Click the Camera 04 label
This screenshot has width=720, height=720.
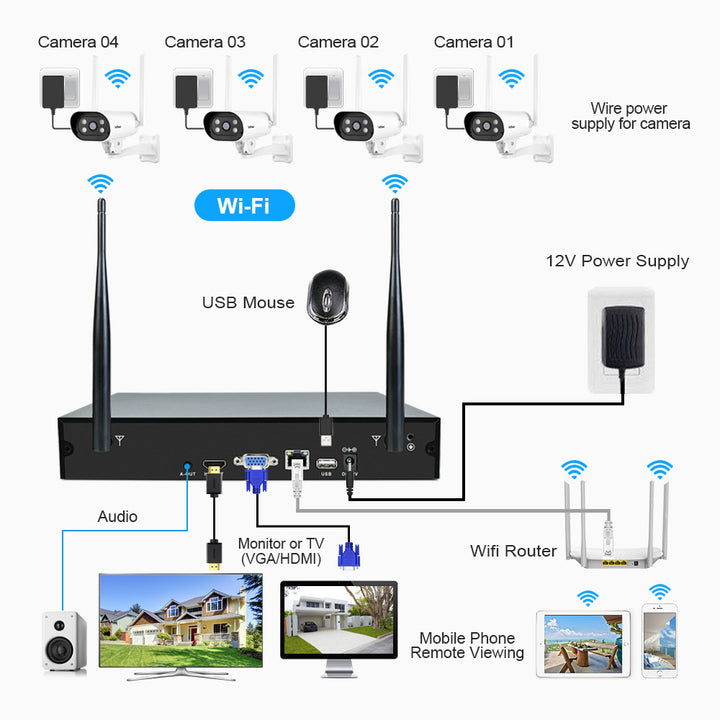[x=78, y=42]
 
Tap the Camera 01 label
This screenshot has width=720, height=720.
[x=474, y=42]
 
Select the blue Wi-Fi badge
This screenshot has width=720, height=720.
[x=244, y=206]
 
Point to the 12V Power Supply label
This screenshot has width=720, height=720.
[x=617, y=261]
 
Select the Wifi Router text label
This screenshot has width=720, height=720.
[x=513, y=551]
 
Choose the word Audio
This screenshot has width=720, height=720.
[x=117, y=517]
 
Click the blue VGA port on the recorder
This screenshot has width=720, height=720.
[x=255, y=463]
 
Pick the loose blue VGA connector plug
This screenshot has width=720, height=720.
[x=348, y=556]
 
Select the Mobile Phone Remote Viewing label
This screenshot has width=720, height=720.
[x=467, y=645]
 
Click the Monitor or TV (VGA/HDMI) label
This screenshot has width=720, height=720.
[x=280, y=551]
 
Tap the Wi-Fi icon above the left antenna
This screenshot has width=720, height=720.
[x=100, y=183]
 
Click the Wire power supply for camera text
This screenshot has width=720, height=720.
[x=630, y=116]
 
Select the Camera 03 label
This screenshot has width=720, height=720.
[x=205, y=42]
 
